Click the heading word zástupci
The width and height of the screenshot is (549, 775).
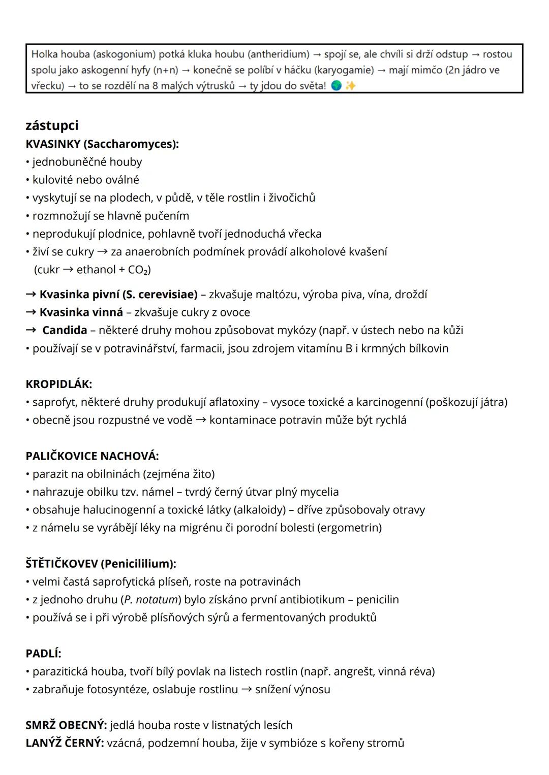pos(52,125)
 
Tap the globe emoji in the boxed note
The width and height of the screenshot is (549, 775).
pos(336,86)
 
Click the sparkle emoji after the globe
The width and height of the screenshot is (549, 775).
pos(350,86)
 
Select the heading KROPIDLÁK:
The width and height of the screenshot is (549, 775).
pos(58,384)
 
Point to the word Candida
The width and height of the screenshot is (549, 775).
pos(65,330)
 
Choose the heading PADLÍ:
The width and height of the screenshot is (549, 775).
pos(43,653)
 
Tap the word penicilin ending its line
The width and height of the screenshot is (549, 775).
pos(377,599)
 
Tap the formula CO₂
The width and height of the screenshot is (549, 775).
pos(139,270)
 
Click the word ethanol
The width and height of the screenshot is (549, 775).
pos(96,270)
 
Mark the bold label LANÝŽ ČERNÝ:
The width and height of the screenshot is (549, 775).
pos(65,743)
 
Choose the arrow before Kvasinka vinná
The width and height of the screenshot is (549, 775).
pos(31,312)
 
